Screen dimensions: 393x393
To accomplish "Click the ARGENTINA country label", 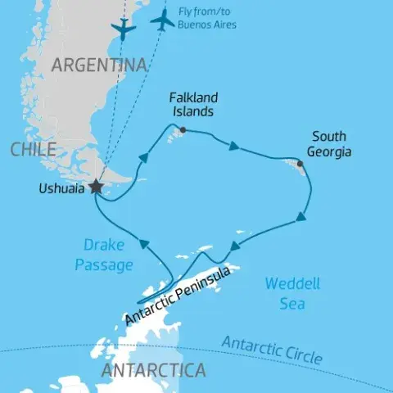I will [99, 65].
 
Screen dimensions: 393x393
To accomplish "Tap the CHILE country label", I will [34, 149].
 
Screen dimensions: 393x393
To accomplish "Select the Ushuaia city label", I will [61, 188].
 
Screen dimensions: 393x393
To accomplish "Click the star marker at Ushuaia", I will [97, 187].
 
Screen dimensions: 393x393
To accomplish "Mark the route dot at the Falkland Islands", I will [182, 129].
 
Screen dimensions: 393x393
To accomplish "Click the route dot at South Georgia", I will [300, 164].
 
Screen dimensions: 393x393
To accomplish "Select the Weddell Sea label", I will [292, 294].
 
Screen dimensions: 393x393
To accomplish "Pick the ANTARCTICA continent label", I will [152, 371].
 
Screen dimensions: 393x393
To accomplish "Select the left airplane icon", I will [123, 29].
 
